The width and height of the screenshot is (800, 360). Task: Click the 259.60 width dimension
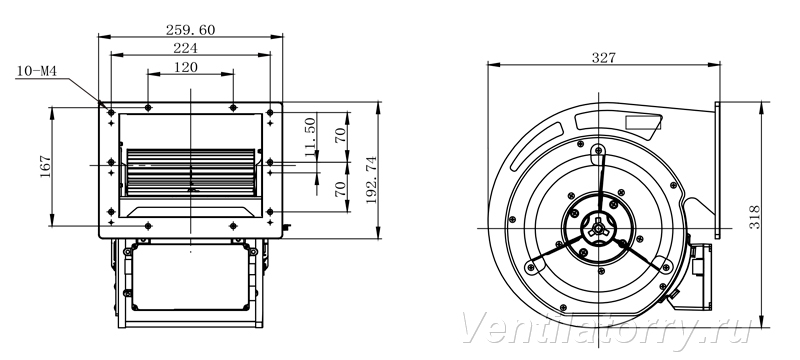coord(190,30)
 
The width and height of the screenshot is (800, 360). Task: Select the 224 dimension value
coord(186,48)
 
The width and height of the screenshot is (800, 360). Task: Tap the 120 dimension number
coord(186,67)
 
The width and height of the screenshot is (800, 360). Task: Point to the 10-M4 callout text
coord(36,71)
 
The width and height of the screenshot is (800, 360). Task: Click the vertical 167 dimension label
coord(45,166)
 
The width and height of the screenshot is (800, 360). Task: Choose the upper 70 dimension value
coord(340,134)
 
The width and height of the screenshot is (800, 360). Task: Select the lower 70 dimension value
coord(340,189)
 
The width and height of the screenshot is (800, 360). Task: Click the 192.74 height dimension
coord(371,180)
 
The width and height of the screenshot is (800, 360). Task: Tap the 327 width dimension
coord(604,58)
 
